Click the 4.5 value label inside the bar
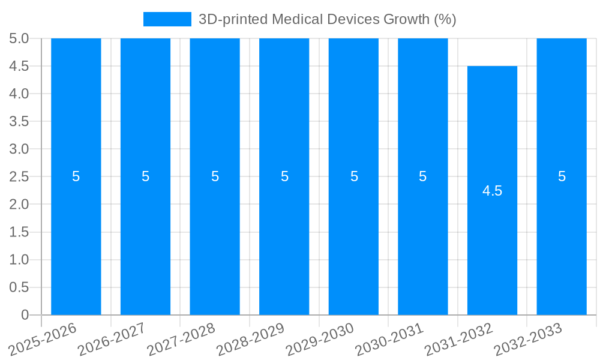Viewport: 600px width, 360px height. tap(492, 191)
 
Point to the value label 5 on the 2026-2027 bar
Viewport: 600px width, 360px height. tap(145, 176)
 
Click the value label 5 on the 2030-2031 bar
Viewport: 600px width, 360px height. tap(423, 176)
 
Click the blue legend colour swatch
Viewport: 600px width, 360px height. tap(167, 19)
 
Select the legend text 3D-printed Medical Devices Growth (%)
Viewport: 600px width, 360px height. tap(327, 19)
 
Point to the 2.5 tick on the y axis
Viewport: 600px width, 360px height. tap(19, 176)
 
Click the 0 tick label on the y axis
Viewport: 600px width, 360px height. tap(25, 314)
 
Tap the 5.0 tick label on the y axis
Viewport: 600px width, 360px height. tap(19, 38)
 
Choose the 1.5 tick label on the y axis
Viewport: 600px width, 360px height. tap(19, 232)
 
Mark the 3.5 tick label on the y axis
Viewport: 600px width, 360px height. tap(19, 121)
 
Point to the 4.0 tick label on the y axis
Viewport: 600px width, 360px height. tap(19, 94)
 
